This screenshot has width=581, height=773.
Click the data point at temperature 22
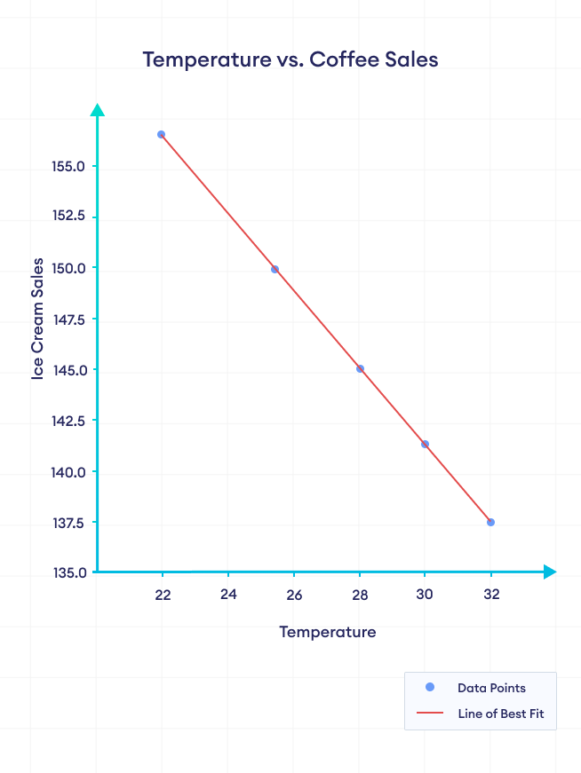click(161, 134)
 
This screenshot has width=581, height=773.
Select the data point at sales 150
click(275, 269)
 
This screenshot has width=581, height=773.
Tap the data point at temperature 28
click(360, 368)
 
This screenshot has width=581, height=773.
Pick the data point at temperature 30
click(425, 444)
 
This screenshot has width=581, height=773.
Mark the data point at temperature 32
click(490, 522)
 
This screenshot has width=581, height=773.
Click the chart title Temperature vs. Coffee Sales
click(290, 59)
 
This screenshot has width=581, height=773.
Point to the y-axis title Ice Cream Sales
click(37, 319)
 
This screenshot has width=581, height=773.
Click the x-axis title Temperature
click(327, 632)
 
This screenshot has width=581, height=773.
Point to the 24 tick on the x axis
click(228, 595)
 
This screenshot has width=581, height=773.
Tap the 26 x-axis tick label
click(294, 595)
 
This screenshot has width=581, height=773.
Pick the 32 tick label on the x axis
click(491, 595)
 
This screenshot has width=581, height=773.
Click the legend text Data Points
click(491, 688)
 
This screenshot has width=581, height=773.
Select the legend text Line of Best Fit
click(501, 714)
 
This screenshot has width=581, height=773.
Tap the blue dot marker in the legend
click(430, 688)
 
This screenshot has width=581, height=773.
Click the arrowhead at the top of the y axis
click(97, 109)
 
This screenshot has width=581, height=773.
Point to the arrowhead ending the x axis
click(550, 572)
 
